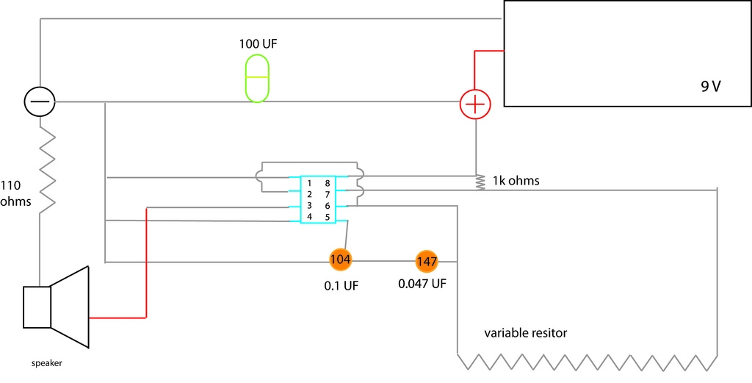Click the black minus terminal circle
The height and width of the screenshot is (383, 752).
tap(40, 101)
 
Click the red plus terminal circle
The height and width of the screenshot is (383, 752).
tap(475, 104)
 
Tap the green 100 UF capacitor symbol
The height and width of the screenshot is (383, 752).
tap(258, 78)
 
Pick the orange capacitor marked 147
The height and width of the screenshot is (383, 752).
tap(427, 262)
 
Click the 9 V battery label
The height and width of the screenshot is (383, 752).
tap(711, 87)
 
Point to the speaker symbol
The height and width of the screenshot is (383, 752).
tap(57, 307)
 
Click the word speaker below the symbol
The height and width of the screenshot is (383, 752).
tap(46, 363)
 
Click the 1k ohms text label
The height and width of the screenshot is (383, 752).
tap(516, 181)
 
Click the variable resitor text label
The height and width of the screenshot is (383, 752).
tap(526, 333)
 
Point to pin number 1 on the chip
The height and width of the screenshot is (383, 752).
tap(310, 183)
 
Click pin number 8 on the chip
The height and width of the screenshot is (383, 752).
tap(328, 183)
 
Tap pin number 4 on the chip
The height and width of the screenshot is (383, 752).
tap(310, 216)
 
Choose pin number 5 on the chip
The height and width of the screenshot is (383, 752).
tap(328, 216)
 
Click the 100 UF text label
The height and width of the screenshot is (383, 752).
tap(258, 45)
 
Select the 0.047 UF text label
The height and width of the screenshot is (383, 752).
tap(422, 284)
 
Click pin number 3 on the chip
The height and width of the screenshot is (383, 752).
tap(310, 205)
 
